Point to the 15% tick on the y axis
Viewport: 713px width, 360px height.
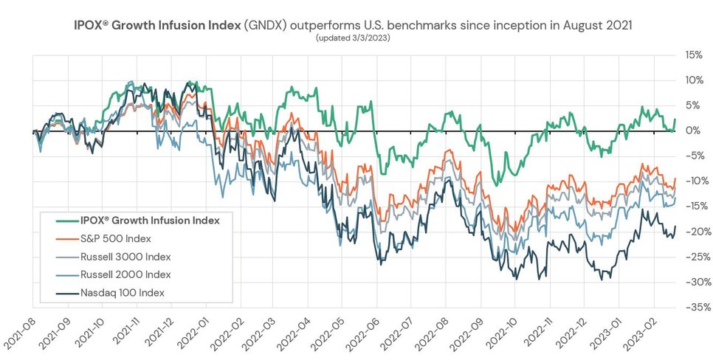pyautogui.click(x=694, y=55)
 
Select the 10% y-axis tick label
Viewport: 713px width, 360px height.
pyautogui.click(x=694, y=80)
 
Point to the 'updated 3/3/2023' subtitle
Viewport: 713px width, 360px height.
pyautogui.click(x=354, y=38)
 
